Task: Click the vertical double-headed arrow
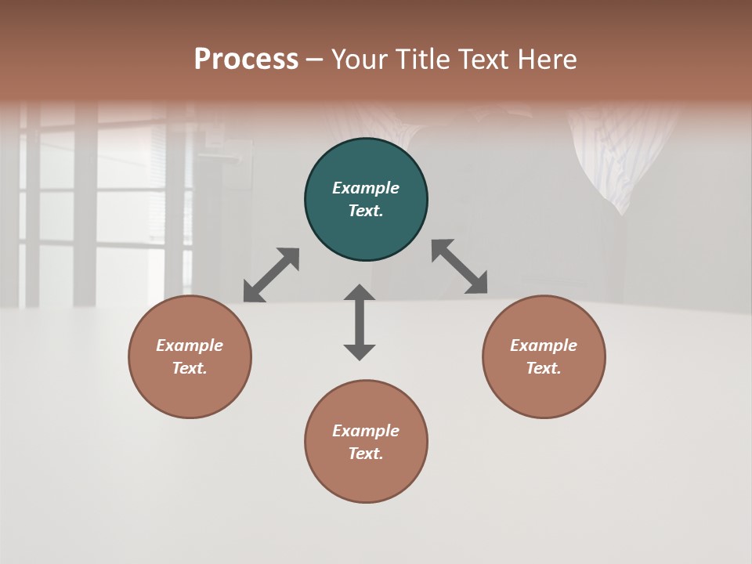360,322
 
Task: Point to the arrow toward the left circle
271,275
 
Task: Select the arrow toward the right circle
459,266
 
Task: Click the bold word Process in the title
246,60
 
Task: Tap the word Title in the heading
423,60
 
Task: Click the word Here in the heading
548,60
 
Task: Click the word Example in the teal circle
366,188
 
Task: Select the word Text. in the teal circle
366,211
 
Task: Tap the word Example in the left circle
190,345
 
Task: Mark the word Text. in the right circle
544,368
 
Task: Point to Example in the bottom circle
366,431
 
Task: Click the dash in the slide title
315,60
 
